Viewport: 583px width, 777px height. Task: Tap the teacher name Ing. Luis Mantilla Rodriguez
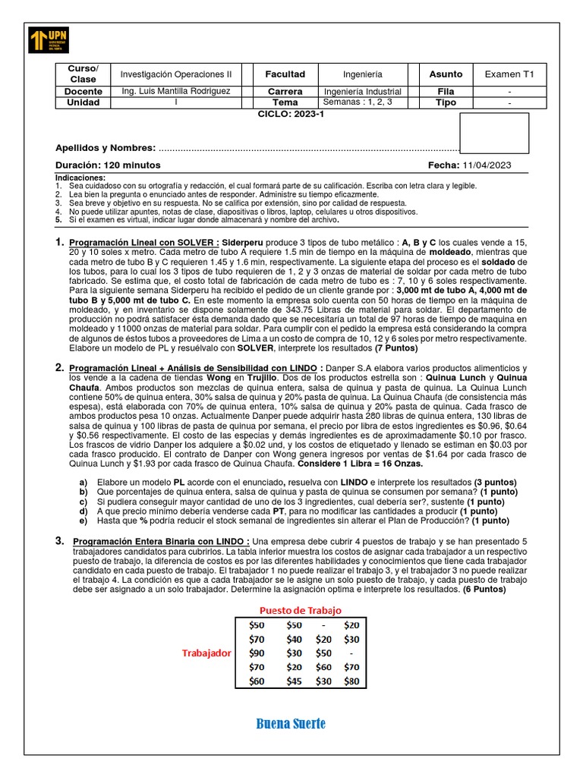[175, 91]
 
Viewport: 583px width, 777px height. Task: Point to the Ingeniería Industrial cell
[362, 91]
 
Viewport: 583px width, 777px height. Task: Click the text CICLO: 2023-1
[291, 113]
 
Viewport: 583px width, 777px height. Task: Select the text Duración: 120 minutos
[108, 165]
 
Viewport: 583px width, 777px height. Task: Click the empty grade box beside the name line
[494, 134]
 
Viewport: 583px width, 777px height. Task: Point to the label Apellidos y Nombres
[106, 148]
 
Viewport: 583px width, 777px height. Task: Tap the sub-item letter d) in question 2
[84, 511]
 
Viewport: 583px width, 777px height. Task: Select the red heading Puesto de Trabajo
[301, 610]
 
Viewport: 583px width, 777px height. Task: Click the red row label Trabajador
[206, 653]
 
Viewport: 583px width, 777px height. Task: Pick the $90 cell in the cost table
[257, 653]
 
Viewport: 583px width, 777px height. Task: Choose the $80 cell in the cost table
[351, 681]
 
